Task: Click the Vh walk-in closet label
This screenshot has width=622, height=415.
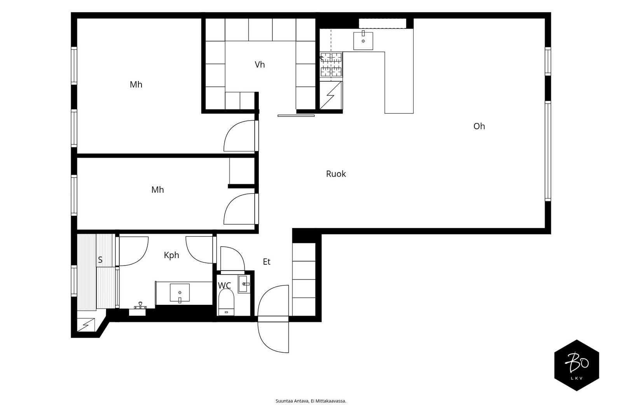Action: (260, 65)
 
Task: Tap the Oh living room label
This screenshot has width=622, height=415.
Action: (479, 126)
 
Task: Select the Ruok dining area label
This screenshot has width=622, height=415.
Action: (336, 174)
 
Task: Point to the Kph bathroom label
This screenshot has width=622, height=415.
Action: (171, 255)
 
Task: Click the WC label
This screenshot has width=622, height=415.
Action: (224, 285)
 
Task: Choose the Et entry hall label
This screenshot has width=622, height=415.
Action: (267, 262)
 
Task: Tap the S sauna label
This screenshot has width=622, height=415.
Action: (100, 260)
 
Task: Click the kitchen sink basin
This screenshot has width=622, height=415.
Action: (363, 40)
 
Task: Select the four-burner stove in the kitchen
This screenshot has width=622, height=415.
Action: (331, 65)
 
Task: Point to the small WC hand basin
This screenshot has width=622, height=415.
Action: (243, 284)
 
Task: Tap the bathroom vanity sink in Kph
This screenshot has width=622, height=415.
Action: (180, 293)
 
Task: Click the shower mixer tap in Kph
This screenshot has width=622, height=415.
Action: (140, 305)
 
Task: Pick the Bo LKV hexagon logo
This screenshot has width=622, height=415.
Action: (577, 365)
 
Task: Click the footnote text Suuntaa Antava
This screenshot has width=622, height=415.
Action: (292, 401)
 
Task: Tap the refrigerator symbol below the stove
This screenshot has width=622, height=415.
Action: (330, 95)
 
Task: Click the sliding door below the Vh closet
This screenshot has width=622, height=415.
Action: (296, 116)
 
